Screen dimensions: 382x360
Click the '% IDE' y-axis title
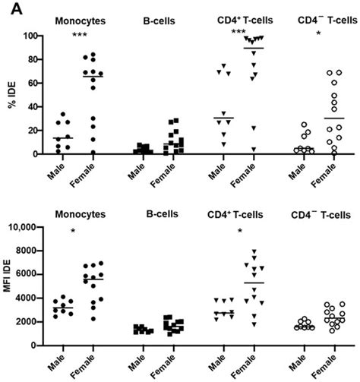click(11, 95)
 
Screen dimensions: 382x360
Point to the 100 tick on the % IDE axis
click(30, 36)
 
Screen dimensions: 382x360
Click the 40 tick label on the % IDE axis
click(33, 107)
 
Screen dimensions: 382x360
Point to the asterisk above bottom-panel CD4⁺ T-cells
click(240, 231)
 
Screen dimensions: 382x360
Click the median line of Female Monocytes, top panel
click(93, 76)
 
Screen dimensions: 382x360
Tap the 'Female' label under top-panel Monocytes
click(91, 173)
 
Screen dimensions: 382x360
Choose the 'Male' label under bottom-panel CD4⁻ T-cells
click(298, 362)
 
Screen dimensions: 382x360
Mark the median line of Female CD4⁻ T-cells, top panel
click(334, 118)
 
